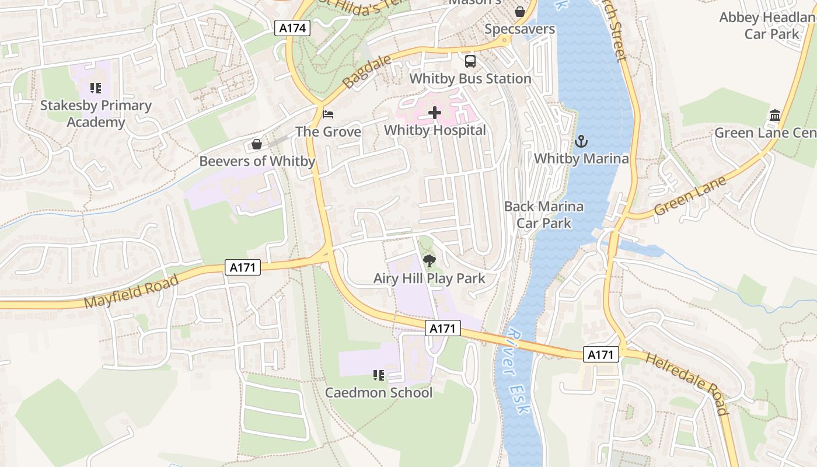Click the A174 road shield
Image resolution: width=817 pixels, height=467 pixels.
coord(292,27)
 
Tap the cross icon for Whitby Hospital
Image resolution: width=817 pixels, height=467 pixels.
coord(435,113)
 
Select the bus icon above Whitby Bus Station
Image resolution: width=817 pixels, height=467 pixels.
coord(470,61)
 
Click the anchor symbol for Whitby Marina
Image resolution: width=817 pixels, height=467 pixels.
coord(581,141)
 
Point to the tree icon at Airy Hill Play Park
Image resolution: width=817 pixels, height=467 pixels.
coord(429,261)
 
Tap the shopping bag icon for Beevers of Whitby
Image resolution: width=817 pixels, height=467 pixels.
coord(256,144)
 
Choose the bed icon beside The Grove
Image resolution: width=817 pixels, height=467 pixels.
coord(328,114)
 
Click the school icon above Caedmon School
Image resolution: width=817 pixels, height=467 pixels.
coord(379,375)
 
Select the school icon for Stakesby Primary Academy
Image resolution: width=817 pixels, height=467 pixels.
coord(96,88)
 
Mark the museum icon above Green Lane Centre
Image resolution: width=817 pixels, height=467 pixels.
coord(775,115)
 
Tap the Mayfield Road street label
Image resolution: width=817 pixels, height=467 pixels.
coord(131,292)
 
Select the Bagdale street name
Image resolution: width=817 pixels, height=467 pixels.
coord(359,73)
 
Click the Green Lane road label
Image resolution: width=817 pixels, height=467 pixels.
coord(690,196)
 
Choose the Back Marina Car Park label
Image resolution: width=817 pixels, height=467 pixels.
coord(543,214)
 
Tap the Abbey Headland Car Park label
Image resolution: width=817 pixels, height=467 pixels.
coord(767,26)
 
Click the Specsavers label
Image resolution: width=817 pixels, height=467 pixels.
coord(519,29)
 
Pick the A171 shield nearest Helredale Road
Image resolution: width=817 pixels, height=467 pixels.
coord(600,354)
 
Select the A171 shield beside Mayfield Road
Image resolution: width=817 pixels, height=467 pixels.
coord(242,267)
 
